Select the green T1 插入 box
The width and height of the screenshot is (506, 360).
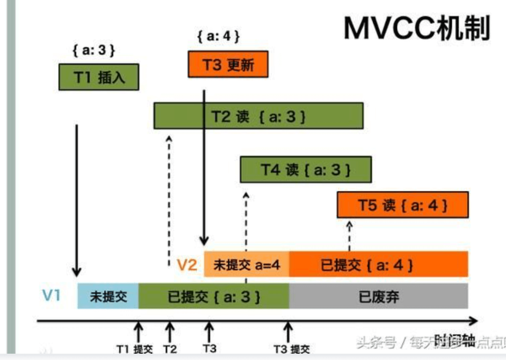[99, 77]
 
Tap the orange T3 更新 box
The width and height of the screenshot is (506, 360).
[228, 64]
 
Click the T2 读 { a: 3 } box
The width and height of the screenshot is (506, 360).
[258, 116]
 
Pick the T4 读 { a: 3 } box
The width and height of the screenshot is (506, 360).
[305, 170]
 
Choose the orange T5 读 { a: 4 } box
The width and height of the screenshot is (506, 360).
[402, 205]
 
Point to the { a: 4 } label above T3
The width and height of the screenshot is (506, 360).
[218, 37]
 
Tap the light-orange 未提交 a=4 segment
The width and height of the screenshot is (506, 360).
[246, 264]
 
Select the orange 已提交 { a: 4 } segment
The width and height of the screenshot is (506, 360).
[378, 264]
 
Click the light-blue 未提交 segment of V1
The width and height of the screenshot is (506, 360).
[108, 296]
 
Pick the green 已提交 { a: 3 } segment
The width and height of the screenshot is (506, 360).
[214, 296]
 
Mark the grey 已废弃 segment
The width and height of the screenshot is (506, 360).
[378, 296]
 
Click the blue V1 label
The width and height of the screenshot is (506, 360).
[51, 296]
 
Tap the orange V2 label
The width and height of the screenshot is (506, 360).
[186, 265]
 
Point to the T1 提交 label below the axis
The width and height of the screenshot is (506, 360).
[135, 349]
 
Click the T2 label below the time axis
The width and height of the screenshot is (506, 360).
[170, 349]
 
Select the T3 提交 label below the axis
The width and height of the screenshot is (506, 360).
[292, 349]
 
